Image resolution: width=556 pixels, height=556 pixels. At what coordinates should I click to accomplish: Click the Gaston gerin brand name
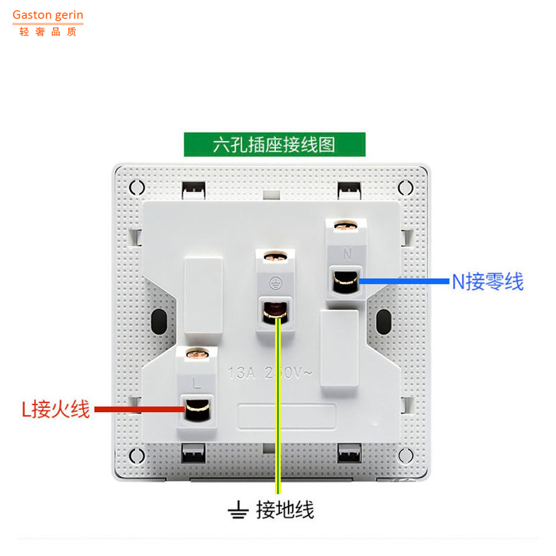pos(47,15)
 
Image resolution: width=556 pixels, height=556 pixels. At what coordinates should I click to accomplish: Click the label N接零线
pos(487,281)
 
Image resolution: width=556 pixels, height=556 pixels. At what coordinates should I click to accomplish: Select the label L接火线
pos(56,409)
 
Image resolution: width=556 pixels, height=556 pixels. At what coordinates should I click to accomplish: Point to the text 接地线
pos(285,510)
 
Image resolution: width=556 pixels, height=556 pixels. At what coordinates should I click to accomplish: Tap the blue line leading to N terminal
pos(403,281)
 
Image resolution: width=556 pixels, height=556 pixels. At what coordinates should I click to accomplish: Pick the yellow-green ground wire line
pos(277,417)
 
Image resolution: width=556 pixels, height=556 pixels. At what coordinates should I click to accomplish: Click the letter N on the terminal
pos(345,252)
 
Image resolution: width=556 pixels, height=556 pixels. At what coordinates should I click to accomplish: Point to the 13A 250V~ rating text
pos(270,373)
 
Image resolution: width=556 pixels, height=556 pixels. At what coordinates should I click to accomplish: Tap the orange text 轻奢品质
pos(47,31)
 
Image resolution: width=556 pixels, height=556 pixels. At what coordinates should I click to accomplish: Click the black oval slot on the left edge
pos(158,321)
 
